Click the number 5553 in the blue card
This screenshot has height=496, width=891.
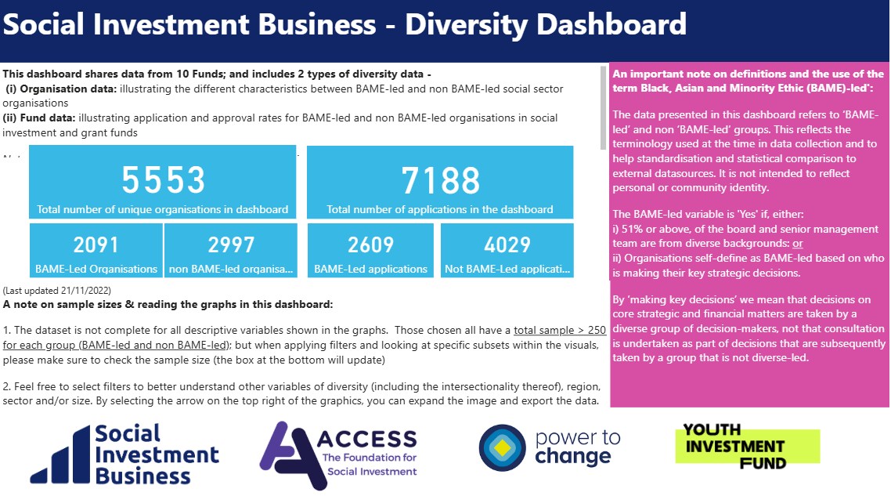pos(163,180)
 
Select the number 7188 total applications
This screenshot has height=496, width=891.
pos(440,180)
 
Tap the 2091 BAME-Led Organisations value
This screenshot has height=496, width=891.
pos(96,245)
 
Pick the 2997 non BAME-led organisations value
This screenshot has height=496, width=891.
pos(231,245)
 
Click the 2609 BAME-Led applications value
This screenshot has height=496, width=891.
pos(371,245)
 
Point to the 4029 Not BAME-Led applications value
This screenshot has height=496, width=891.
pos(507,245)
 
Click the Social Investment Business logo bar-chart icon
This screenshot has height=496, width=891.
pos(58,458)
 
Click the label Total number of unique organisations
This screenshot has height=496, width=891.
pos(163,209)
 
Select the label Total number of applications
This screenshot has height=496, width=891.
pos(440,209)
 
